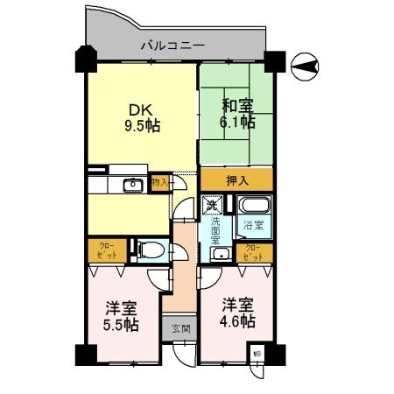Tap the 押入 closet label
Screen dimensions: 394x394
pos(236,180)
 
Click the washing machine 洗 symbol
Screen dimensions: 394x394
pos(212,206)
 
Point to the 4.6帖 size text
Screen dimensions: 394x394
pos(237,321)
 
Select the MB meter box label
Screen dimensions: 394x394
pos(257,354)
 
